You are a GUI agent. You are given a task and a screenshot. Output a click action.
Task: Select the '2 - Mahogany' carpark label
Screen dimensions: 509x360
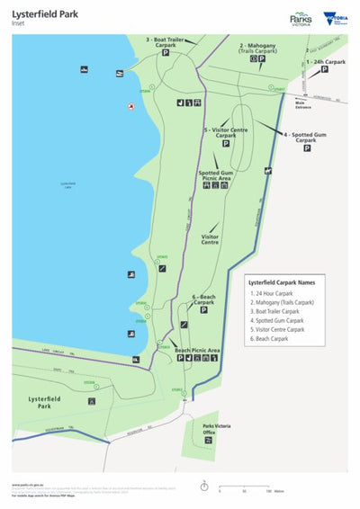[x=258, y=48]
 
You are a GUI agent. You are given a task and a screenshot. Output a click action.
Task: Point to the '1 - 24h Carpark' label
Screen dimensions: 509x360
[x=325, y=62]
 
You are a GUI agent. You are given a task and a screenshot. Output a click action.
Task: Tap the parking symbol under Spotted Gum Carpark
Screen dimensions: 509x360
[x=306, y=148]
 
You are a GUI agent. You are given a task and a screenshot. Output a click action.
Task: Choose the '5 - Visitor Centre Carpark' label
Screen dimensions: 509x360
[x=226, y=132]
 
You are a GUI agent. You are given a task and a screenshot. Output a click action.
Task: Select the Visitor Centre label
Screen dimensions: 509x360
[x=209, y=239]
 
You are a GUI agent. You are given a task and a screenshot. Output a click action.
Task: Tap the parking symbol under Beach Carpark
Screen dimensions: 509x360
[x=202, y=313]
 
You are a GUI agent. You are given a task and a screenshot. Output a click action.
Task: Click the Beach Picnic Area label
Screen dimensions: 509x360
[x=197, y=350]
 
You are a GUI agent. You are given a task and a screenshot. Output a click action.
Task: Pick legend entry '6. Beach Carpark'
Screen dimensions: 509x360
[x=274, y=339]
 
